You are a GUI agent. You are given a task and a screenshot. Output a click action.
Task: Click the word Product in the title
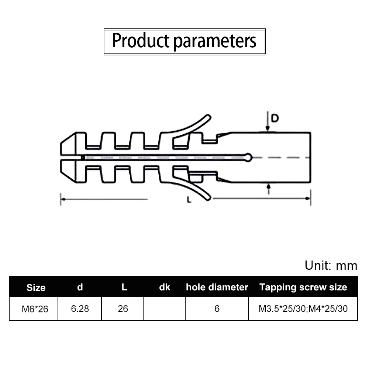pos(141,41)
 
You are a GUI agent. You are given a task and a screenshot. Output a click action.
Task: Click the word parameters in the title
pos(215,41)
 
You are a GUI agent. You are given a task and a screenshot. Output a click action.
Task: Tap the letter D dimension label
pos(275,118)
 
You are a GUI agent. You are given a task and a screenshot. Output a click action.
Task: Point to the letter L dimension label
pos(189,200)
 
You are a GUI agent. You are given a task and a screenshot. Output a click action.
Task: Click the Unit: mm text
pos(331,265)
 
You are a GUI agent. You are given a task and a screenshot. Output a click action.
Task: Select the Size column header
pos(36,287)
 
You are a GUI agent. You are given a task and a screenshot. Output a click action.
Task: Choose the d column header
pos(80,287)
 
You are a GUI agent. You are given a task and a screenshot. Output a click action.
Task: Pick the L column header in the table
pos(124,287)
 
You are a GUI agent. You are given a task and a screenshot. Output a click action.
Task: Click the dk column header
pos(165,287)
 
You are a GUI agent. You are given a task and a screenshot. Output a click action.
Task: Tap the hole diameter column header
pos(217,287)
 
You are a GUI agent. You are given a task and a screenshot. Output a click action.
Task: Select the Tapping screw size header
pos(303,287)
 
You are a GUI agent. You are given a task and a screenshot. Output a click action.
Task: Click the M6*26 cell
pos(35,309)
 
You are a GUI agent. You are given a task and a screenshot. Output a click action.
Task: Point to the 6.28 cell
pos(80,309)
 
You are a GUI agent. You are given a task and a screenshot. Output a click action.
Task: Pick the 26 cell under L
pos(123,309)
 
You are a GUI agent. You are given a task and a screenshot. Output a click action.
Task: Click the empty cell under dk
pos(164,309)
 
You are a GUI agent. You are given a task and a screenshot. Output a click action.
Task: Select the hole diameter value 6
pos(217,309)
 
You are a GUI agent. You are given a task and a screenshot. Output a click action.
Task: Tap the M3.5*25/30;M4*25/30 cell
pos(303,309)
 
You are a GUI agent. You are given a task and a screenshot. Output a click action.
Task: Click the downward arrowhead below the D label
pos(268,128)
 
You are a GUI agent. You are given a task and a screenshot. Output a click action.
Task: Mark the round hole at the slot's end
pos(248,158)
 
